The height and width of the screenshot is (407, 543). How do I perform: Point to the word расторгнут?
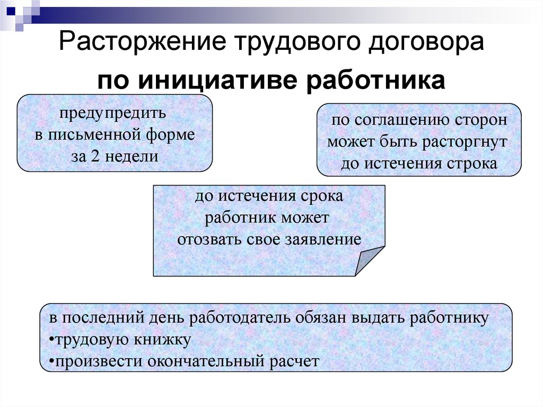466,142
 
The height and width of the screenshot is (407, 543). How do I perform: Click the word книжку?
165,340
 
